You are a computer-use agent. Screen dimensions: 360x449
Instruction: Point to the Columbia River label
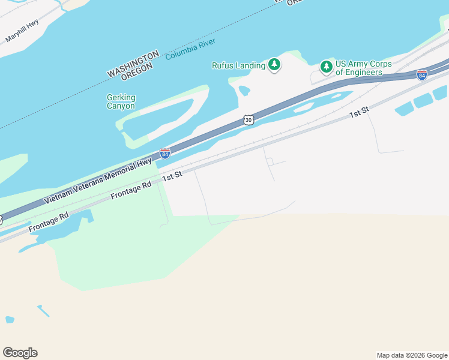(x=190, y=49)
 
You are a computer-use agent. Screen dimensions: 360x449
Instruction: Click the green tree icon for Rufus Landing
(x=274, y=64)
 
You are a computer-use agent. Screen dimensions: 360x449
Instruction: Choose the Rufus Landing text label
(x=239, y=65)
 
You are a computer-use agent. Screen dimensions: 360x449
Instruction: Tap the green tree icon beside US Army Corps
(x=326, y=66)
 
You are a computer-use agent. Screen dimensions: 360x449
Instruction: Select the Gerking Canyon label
(x=121, y=101)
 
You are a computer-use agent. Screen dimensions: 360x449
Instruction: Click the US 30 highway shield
(x=249, y=120)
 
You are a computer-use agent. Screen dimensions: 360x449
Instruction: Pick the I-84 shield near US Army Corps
(x=422, y=75)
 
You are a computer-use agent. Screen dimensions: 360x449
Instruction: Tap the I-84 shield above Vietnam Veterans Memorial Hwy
(x=165, y=154)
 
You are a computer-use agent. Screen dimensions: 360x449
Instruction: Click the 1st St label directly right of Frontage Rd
(x=172, y=176)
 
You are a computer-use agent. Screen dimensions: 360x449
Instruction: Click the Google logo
(x=20, y=353)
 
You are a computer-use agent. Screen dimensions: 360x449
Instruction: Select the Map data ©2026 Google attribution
(x=412, y=355)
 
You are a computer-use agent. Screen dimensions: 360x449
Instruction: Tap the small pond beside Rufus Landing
(x=244, y=91)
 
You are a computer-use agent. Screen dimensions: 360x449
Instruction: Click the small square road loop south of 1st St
(x=270, y=161)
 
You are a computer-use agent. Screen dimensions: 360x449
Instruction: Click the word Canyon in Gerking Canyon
(x=121, y=106)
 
